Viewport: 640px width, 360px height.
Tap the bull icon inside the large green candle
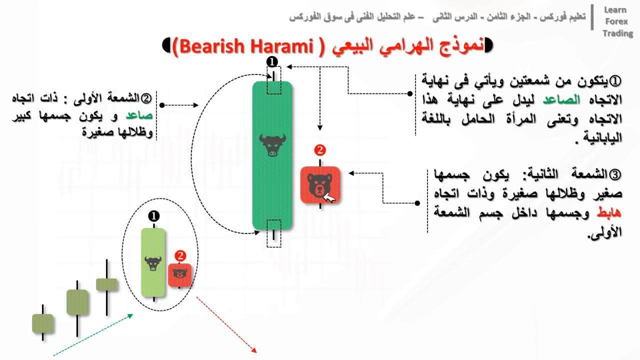click(272, 145)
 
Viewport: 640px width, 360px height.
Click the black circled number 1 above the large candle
click(271, 61)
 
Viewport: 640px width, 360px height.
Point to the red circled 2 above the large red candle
click(319, 150)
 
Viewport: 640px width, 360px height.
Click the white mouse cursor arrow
click(329, 197)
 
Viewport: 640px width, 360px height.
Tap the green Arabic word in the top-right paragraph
click(561, 99)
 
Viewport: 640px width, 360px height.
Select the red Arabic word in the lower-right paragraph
click(609, 213)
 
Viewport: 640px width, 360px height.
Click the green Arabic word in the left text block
click(139, 115)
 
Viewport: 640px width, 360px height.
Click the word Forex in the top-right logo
click(616, 21)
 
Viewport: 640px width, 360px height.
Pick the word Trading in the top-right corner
click(617, 33)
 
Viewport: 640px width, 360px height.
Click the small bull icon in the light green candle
click(153, 263)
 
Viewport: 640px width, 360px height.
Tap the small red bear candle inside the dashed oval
click(179, 275)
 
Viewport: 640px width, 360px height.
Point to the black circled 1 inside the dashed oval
click(153, 216)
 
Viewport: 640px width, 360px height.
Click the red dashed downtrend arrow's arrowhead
click(254, 350)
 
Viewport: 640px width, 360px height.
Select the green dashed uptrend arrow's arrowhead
click(130, 315)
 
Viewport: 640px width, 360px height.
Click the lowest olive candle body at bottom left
click(43, 323)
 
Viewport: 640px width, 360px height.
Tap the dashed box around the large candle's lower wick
click(273, 233)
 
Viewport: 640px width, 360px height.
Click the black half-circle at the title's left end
click(166, 45)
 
